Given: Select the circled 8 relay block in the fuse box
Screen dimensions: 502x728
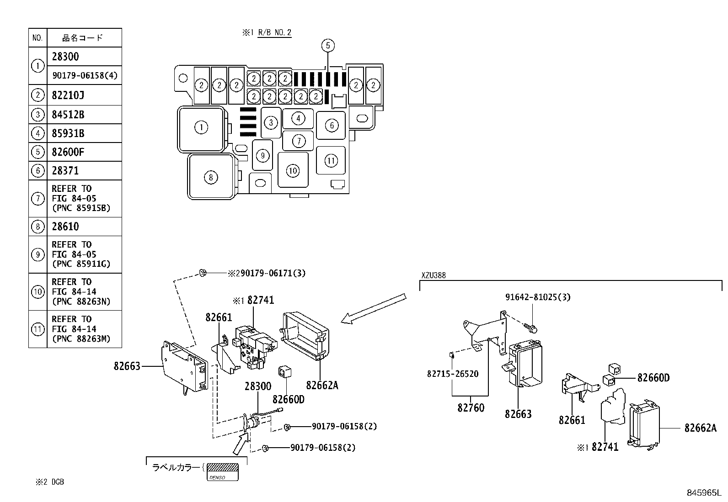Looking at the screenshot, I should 210,177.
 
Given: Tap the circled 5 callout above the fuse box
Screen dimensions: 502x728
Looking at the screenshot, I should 328,45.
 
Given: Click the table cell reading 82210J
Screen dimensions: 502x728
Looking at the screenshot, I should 84,95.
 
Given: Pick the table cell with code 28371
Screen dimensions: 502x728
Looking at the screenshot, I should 84,171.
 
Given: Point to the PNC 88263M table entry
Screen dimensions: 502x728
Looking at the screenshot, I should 84,329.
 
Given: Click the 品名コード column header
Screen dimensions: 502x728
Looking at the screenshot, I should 83,37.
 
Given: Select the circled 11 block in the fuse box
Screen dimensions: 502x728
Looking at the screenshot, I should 331,160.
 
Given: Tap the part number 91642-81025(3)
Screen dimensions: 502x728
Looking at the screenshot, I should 538,297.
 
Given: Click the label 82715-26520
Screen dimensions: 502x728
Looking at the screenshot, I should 452,374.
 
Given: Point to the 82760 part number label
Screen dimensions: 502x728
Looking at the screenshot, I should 471,407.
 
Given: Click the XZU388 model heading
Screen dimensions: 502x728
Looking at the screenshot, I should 433,275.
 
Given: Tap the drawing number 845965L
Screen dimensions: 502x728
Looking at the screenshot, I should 703,493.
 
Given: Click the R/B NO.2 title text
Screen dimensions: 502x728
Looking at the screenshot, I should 274,32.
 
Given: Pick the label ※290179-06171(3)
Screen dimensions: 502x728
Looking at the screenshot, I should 267,273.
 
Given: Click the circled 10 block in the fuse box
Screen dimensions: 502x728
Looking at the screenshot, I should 293,171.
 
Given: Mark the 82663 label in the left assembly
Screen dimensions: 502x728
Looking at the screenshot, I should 127,366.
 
